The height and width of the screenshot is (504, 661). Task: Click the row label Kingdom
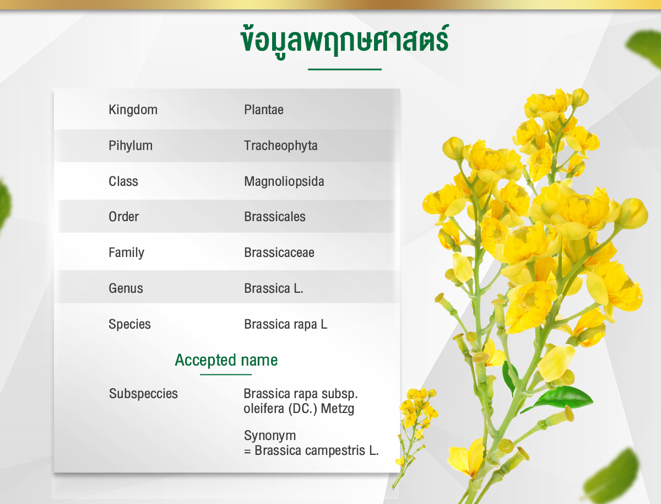click(x=133, y=110)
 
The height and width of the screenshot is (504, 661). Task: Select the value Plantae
click(x=263, y=110)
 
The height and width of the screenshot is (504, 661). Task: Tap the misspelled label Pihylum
click(x=131, y=146)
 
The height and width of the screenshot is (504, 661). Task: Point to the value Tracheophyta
click(x=281, y=146)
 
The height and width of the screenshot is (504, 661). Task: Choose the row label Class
click(x=123, y=181)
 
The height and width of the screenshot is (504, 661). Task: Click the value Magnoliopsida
click(x=284, y=181)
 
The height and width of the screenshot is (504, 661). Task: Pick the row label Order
click(x=123, y=217)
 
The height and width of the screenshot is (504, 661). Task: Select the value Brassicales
click(x=275, y=217)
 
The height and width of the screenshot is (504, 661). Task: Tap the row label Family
click(x=126, y=253)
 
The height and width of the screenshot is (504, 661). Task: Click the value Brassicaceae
click(x=279, y=253)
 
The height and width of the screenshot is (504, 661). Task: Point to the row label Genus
click(x=126, y=288)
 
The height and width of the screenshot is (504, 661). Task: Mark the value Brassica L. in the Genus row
click(x=273, y=288)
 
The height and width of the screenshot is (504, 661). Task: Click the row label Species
click(x=129, y=324)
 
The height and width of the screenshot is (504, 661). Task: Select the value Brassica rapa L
click(x=285, y=324)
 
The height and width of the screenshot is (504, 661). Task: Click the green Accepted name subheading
click(x=226, y=360)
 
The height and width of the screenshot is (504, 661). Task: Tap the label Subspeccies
click(x=143, y=394)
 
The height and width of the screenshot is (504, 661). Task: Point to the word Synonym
click(x=270, y=436)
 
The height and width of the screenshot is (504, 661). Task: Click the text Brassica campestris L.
click(x=317, y=451)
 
